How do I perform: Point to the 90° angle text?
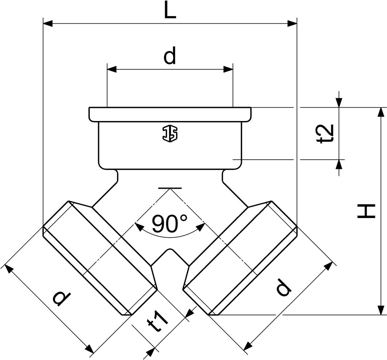coord(169,223)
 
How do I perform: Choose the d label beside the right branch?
coord(283,287)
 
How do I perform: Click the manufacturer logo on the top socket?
coord(170,134)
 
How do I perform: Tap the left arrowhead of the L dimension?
coord(48,24)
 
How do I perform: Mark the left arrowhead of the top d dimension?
coord(112,69)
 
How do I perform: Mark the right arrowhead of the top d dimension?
coord(228,69)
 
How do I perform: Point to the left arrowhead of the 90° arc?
coord(139,227)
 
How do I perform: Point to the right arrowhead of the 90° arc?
coord(201,227)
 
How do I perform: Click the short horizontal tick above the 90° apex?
coord(170,188)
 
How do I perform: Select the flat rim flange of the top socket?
coord(170,114)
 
